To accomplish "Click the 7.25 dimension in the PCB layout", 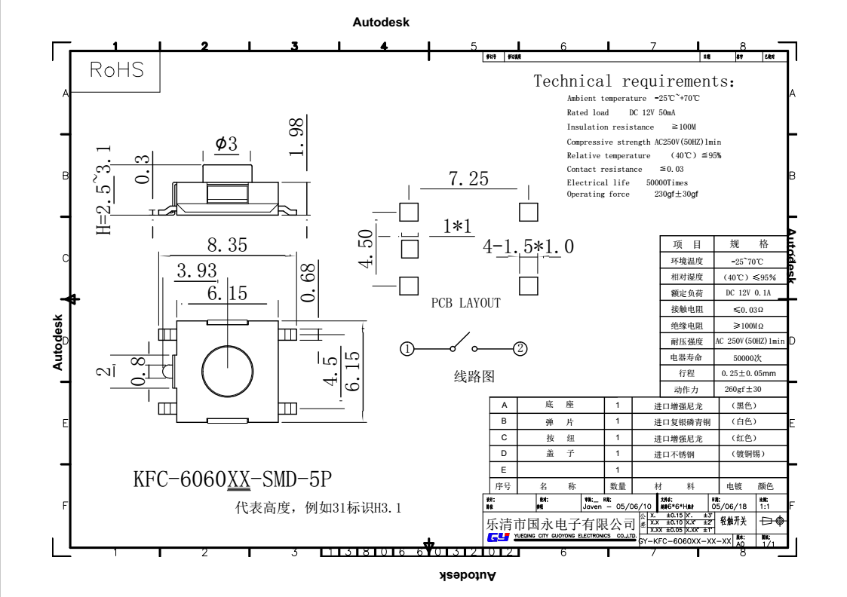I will tap(468, 179).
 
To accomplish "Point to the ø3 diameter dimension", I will tap(226, 143).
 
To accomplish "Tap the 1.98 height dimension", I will tap(297, 136).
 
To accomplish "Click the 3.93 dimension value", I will tap(197, 271).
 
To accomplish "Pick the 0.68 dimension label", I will tap(308, 282).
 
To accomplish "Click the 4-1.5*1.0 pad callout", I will tap(529, 246).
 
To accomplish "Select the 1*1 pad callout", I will tap(457, 226).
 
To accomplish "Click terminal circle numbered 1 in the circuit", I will tap(407, 348).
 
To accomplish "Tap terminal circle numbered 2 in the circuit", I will tap(520, 348).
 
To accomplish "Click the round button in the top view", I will tap(227, 366).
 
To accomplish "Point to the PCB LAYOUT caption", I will tap(465, 303).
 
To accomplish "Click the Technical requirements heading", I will tap(634, 81).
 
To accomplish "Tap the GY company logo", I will tap(499, 537).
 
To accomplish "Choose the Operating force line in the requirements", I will tap(632, 194).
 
